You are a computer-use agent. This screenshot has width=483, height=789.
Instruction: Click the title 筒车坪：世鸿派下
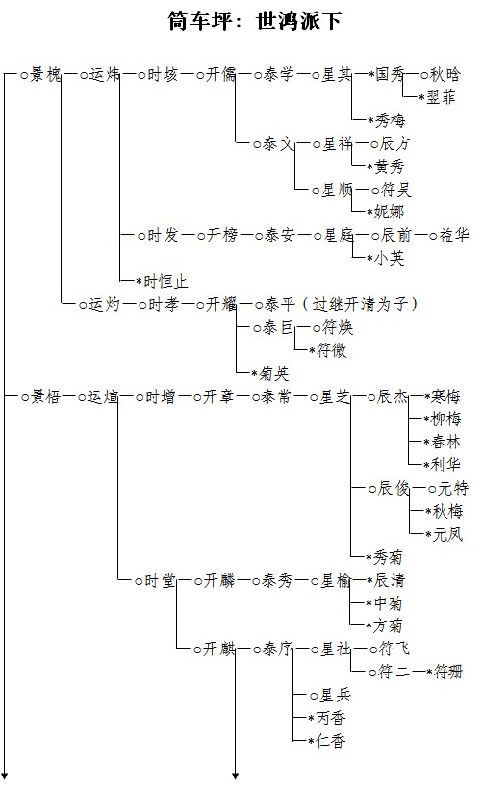255,20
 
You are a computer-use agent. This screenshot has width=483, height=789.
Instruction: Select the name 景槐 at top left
46,74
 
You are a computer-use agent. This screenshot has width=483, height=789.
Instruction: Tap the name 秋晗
445,74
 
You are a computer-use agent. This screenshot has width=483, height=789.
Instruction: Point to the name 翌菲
441,97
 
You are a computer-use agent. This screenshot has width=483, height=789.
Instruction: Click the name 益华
454,235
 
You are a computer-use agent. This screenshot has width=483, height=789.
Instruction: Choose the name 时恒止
165,281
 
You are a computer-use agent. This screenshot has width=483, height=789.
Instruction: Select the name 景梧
46,396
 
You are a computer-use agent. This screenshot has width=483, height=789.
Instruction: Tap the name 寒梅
445,396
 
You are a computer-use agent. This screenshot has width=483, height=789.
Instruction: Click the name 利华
445,465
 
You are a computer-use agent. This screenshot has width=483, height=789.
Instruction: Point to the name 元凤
447,534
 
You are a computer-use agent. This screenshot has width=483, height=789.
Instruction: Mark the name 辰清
389,580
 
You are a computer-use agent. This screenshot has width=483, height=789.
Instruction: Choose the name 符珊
447,672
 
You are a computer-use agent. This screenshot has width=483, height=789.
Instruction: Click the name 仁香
331,741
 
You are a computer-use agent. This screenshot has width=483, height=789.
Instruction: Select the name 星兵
336,696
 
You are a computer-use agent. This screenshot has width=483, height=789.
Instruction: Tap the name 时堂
160,580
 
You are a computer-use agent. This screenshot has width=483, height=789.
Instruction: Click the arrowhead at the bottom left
5,776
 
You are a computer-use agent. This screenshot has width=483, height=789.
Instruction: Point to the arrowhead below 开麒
235,776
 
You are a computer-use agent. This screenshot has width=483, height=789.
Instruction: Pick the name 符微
331,350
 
